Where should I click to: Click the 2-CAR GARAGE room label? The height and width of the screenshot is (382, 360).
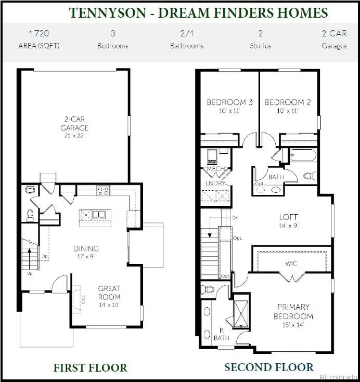coord(74,124)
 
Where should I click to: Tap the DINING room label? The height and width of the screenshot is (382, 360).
coord(86,248)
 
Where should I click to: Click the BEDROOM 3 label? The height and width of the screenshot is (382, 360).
coord(229,102)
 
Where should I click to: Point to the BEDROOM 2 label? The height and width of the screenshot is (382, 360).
coord(288,102)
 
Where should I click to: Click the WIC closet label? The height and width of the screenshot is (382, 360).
coord(291,264)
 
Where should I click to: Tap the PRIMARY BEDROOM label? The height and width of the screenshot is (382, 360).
coord(293,311)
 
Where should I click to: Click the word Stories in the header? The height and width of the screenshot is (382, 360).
coord(260,46)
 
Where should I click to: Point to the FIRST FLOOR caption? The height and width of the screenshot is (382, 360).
coord(90,368)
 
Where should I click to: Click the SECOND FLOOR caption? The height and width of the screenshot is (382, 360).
coord(268,368)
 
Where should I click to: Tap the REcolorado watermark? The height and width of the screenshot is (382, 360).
coord(338,376)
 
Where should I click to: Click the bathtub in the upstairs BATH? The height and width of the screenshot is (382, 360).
coord(301,155)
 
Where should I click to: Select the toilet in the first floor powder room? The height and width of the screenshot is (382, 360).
coord(30,213)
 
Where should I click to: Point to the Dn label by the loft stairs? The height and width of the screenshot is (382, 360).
coord(235,217)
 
